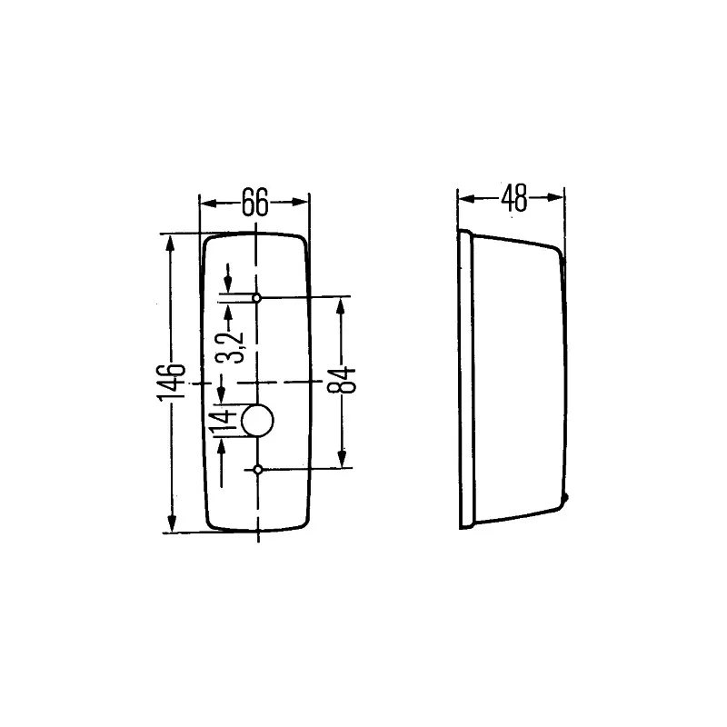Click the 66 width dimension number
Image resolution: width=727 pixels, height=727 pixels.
pos(254,202)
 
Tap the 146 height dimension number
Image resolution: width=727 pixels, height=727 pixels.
pos(171,383)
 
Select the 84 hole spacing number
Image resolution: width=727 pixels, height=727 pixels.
pos(342,380)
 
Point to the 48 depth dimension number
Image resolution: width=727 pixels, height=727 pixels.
pos(514,198)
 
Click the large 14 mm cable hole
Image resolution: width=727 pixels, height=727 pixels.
pos(257,420)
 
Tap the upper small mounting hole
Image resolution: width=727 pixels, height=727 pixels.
pos(256,298)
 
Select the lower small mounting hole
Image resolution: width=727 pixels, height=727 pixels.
pos(258,470)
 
